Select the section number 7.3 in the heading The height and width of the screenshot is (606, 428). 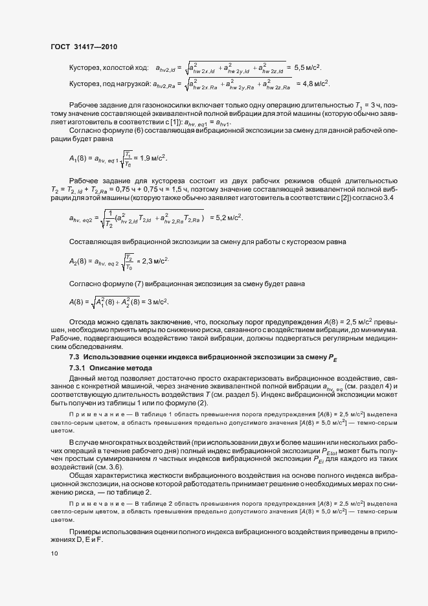(74, 357)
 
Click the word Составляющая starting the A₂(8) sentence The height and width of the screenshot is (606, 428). (95, 241)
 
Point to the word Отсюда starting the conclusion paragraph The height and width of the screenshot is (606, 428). (82, 321)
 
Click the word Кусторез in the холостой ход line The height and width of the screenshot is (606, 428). (85, 67)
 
